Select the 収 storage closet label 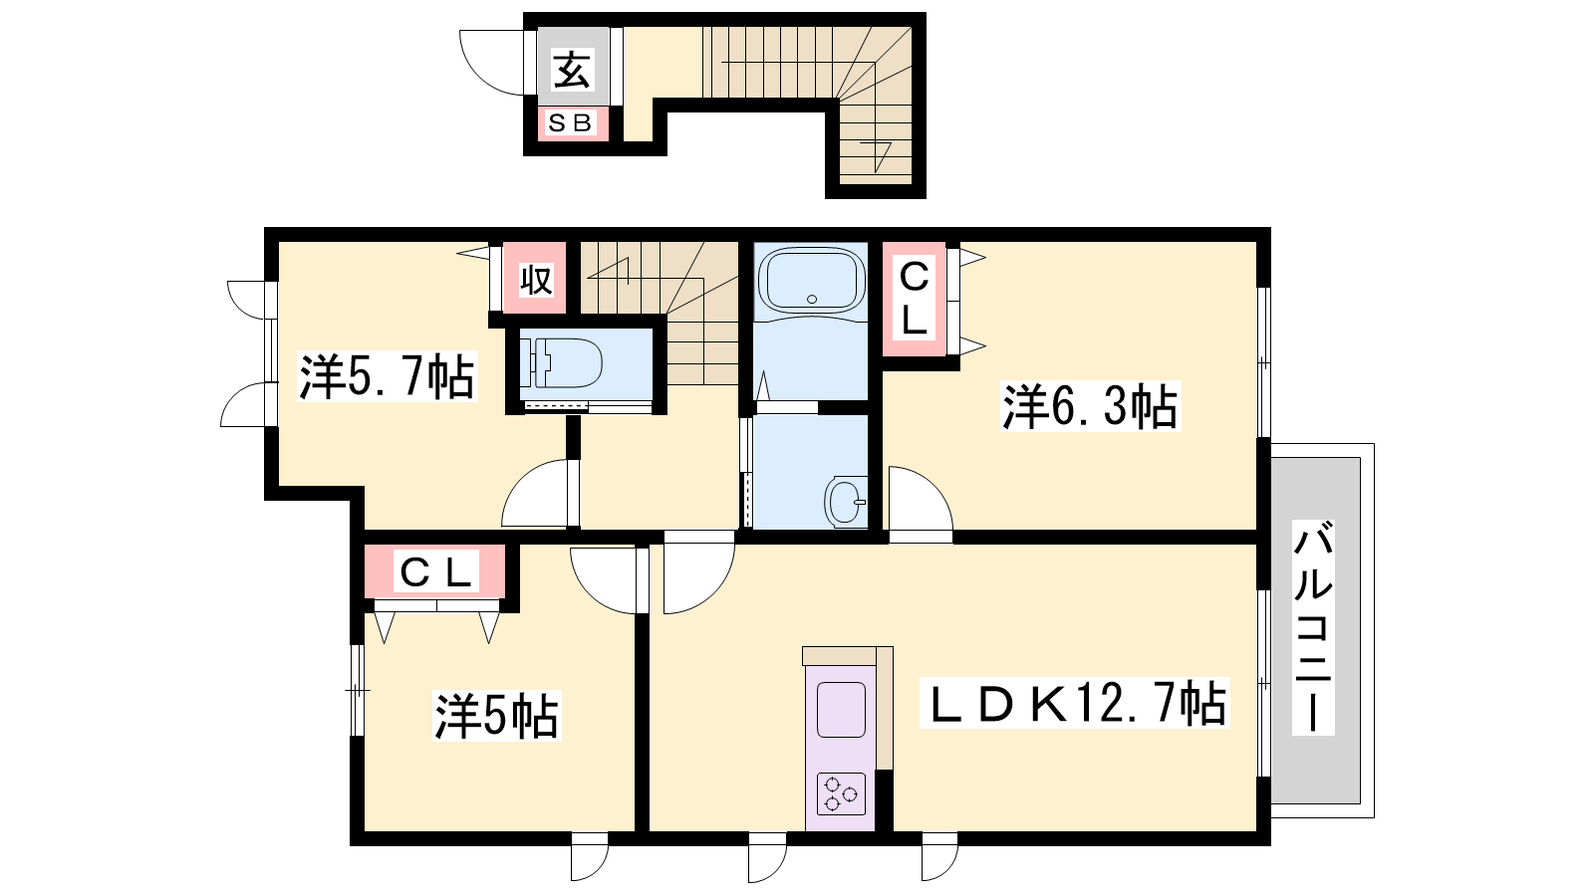[535, 280]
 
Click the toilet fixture [562, 362]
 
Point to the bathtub [811, 280]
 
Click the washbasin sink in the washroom [846, 502]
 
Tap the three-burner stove [841, 792]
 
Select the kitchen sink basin [841, 710]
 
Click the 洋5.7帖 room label [387, 376]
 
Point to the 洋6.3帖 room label [1090, 406]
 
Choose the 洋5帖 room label [497, 716]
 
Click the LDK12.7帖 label [1075, 703]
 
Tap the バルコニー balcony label [1313, 627]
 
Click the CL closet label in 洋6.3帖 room [914, 298]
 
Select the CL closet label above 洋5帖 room [435, 571]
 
